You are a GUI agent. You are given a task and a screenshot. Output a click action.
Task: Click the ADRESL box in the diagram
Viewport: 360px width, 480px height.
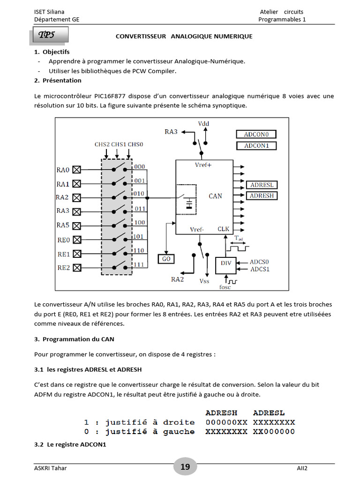click(x=262, y=185)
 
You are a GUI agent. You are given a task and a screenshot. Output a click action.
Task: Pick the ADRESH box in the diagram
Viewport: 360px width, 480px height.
click(x=262, y=195)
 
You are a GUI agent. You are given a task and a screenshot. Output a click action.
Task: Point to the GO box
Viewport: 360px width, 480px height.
click(x=166, y=259)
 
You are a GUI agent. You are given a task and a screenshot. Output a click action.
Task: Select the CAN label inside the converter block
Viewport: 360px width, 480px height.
click(x=215, y=196)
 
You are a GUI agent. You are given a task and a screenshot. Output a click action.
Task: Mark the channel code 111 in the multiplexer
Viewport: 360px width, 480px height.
click(x=140, y=265)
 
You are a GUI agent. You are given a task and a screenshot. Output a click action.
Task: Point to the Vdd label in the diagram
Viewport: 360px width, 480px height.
click(x=203, y=123)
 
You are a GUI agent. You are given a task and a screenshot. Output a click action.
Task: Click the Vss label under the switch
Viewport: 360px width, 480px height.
click(x=204, y=281)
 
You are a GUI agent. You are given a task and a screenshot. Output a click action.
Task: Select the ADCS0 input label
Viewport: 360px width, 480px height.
click(x=260, y=262)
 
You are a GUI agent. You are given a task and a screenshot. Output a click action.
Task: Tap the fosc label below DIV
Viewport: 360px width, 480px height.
click(x=225, y=287)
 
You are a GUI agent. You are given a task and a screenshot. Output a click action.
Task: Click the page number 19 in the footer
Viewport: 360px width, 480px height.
click(x=185, y=466)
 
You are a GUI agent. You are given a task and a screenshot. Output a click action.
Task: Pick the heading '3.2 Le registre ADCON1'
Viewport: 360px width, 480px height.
click(x=70, y=444)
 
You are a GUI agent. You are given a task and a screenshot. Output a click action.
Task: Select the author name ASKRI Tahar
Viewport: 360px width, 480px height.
click(x=51, y=468)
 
